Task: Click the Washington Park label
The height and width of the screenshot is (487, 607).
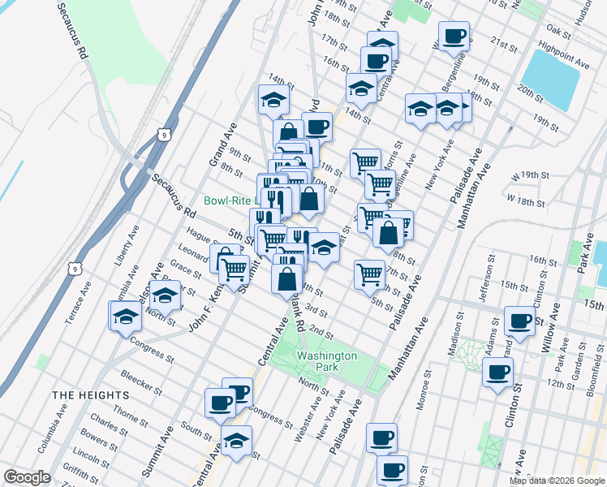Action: coord(326,361)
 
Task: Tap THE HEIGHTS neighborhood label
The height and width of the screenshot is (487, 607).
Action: coord(90,394)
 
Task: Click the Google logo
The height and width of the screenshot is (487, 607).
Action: coord(27,477)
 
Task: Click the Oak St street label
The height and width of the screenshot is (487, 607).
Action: coord(559,29)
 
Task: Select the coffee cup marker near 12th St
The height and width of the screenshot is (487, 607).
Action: coord(497,373)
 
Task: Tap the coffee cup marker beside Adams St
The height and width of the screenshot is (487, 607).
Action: coord(519,319)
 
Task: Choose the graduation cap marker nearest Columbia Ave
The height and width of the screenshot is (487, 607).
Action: coord(127,316)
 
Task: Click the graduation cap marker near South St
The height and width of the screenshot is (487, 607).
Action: coord(236,442)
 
